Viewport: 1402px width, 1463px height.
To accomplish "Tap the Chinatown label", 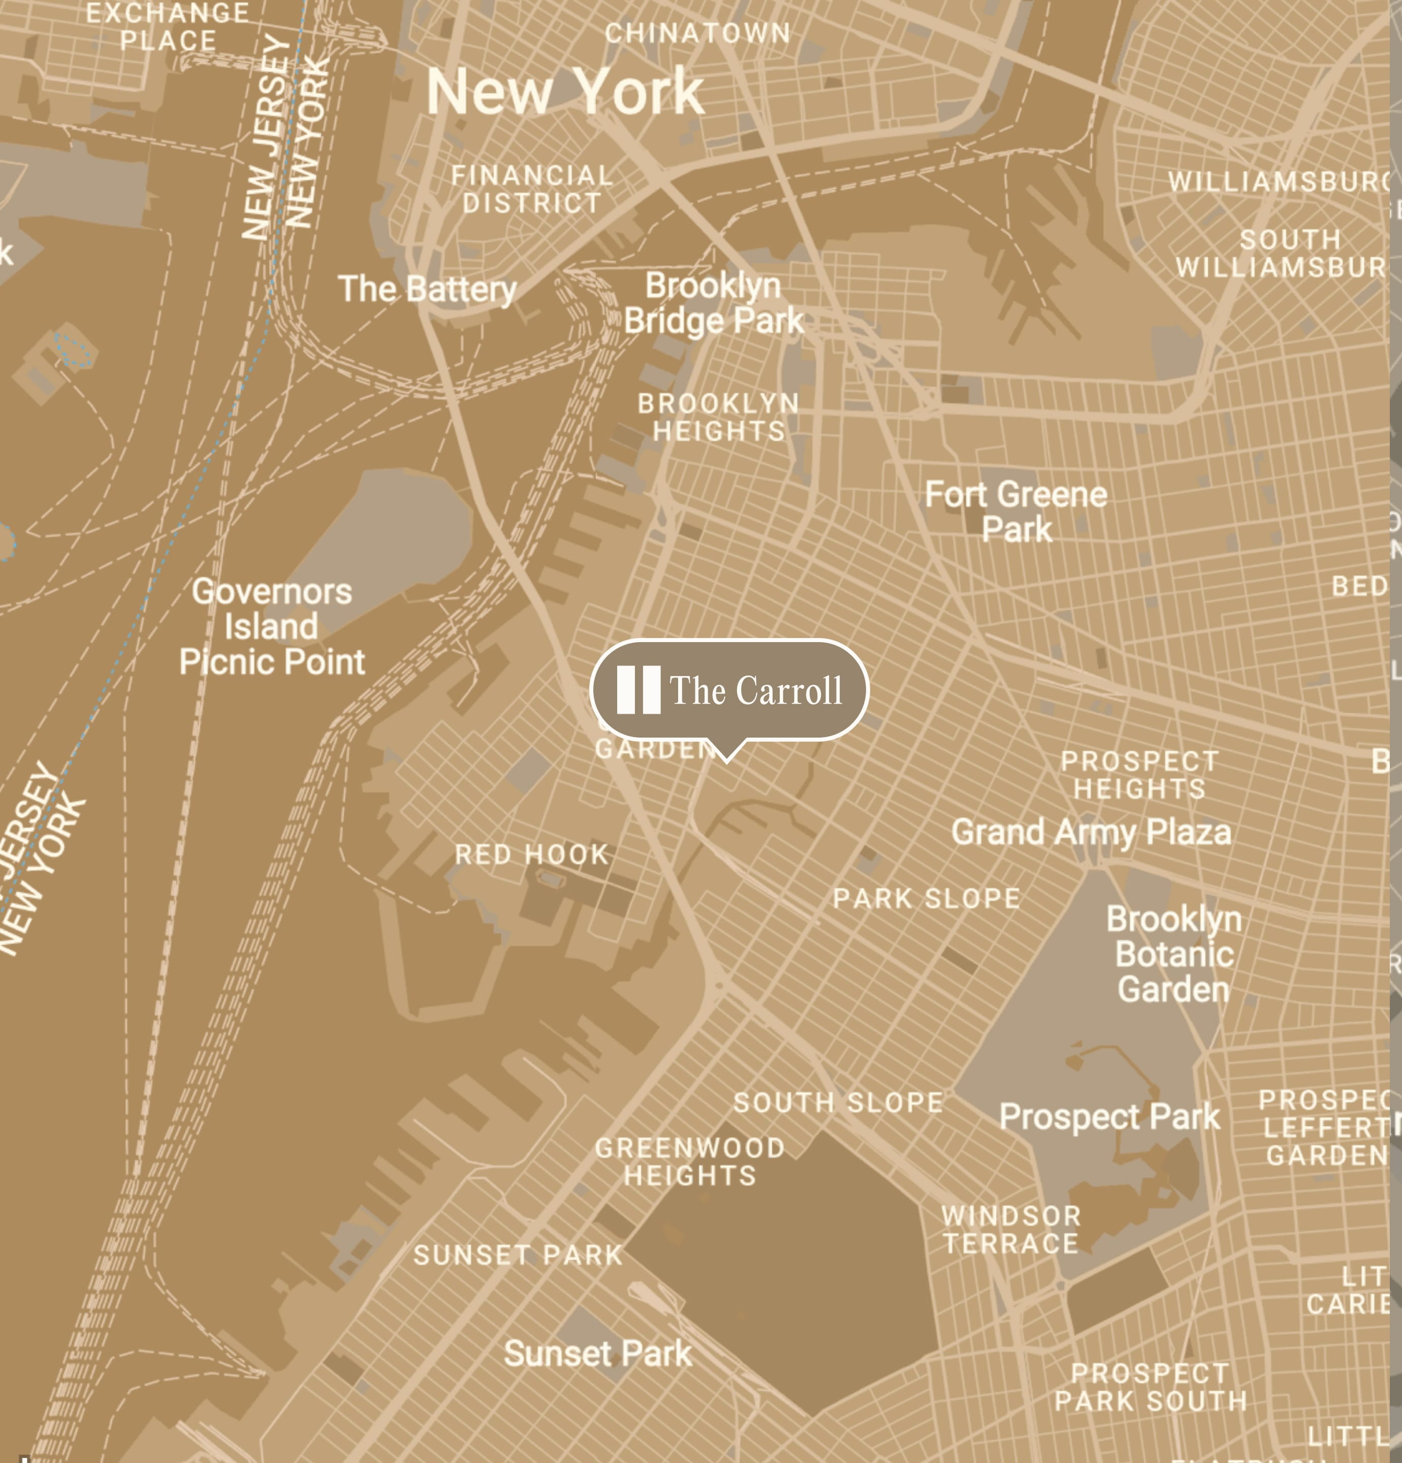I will click(697, 33).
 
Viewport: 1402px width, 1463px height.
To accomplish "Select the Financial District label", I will click(532, 189).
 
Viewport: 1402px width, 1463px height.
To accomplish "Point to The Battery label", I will click(427, 289).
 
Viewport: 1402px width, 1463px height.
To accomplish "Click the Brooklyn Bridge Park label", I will click(714, 303).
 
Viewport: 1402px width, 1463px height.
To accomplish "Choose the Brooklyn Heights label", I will click(718, 417).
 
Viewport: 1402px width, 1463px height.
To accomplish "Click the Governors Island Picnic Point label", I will click(272, 626).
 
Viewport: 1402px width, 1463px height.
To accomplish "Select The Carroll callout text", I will click(755, 690).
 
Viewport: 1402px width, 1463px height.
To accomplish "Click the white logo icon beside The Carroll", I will click(639, 690).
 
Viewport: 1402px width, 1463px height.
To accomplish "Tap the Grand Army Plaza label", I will click(1091, 832).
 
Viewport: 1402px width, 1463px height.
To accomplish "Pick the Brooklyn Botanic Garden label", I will click(1173, 954).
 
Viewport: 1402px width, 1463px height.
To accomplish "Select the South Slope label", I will click(838, 1102).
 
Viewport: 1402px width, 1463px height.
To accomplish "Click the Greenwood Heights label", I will click(690, 1161).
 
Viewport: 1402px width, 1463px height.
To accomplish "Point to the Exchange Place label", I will click(168, 27).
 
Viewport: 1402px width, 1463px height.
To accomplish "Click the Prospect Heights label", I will click(1139, 775).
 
